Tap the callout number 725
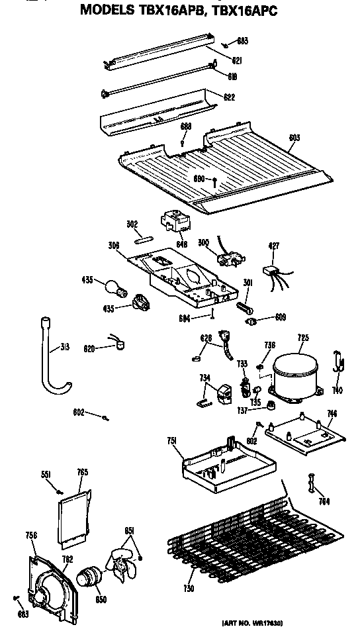pos(303,338)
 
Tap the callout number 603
pos(294,138)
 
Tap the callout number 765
pos(82,472)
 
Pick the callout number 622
pos(229,97)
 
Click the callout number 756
pos(31,535)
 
